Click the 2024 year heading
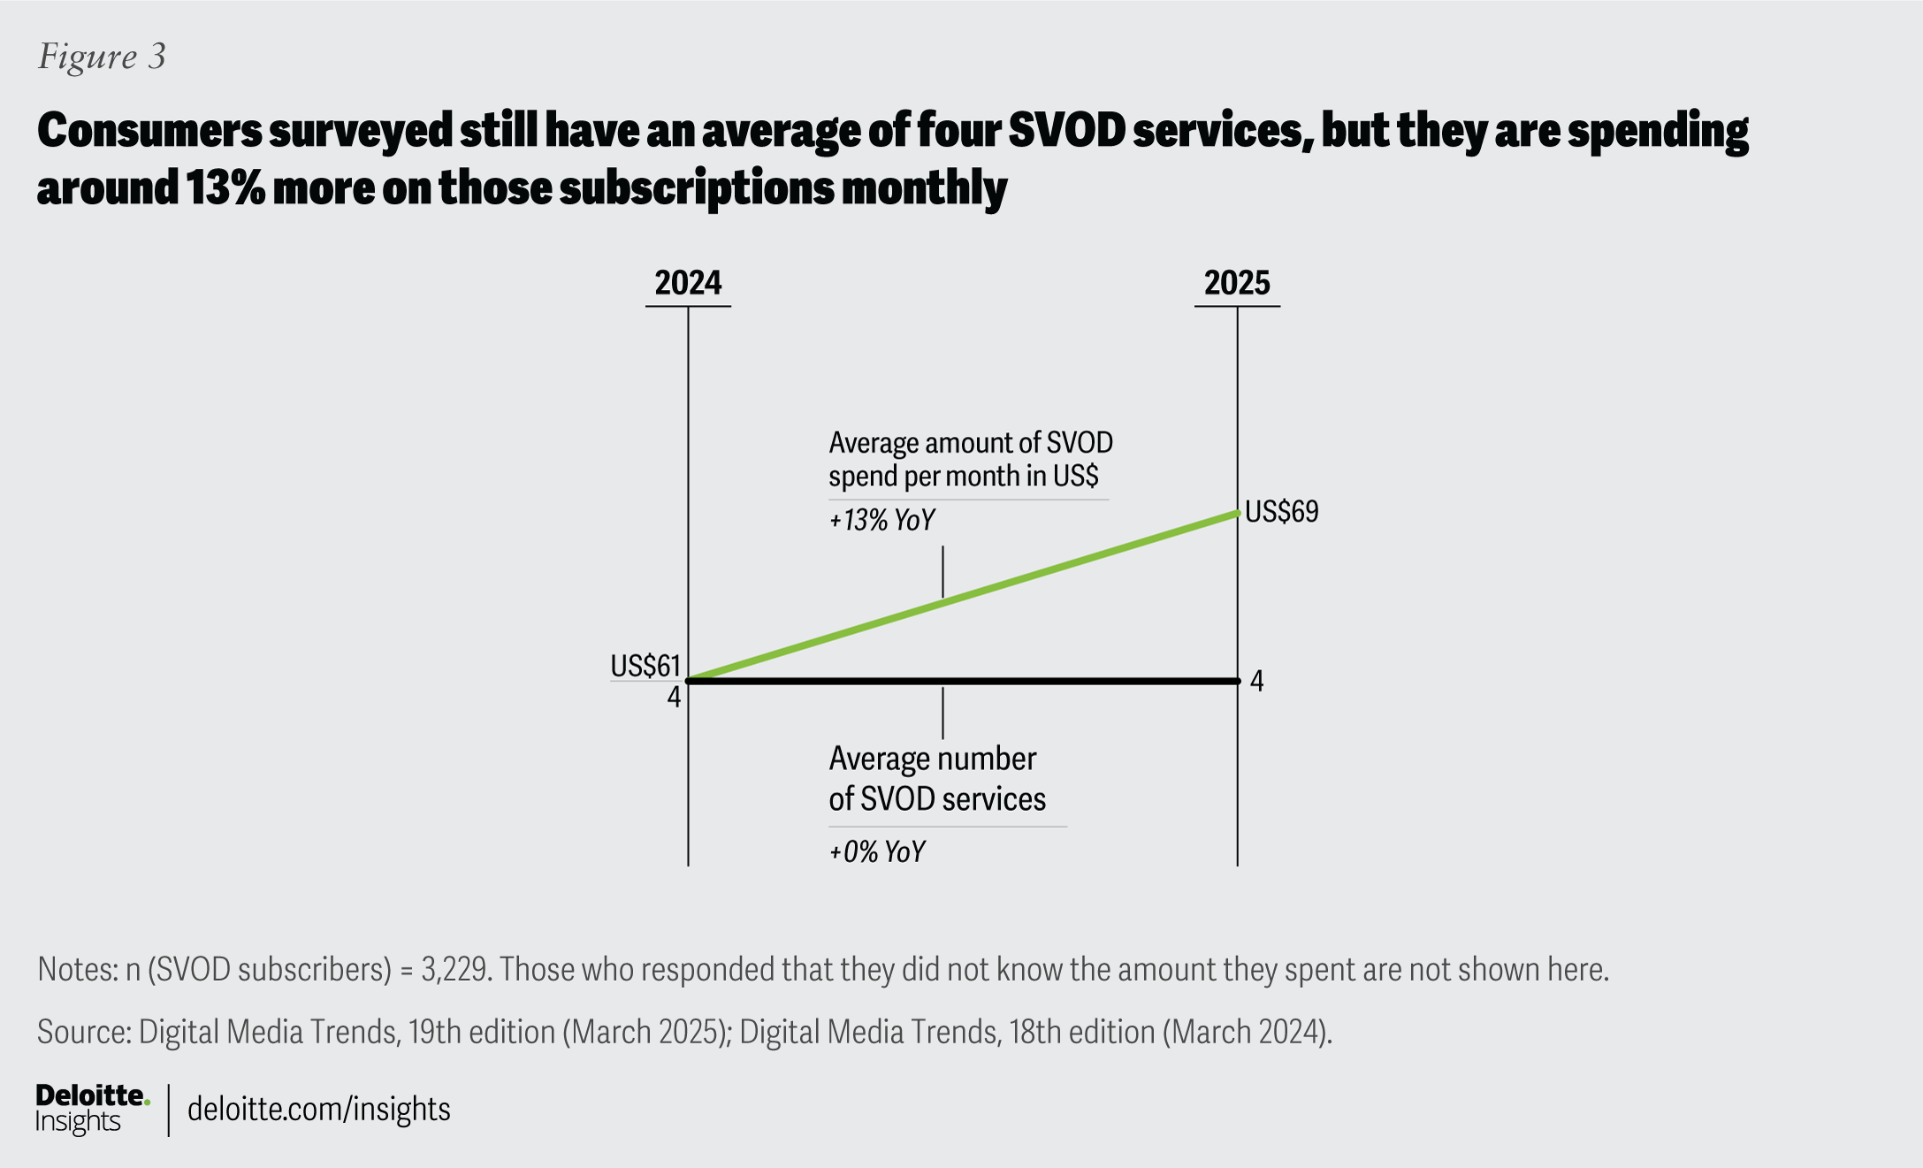tap(688, 283)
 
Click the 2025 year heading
tap(1237, 283)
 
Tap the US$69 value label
tap(1281, 512)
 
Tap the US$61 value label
tap(645, 665)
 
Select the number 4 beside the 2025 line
tap(1256, 682)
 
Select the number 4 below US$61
tap(674, 698)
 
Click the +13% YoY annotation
tap(881, 520)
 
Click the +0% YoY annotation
tap(876, 852)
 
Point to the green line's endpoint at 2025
tap(1237, 513)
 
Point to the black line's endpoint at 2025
tap(1237, 681)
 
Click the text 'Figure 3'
tap(102, 57)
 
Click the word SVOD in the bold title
tap(1065, 131)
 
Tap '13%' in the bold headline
tap(225, 188)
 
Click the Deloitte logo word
tap(90, 1096)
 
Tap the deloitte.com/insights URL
tap(318, 1109)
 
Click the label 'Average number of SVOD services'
tap(935, 779)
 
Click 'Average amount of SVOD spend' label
tap(970, 459)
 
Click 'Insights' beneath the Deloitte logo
tap(78, 1122)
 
